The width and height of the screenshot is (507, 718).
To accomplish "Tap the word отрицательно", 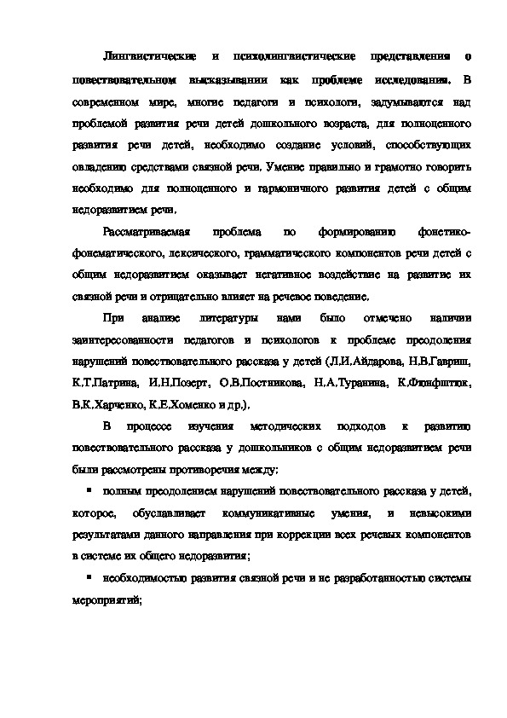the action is point(169,298).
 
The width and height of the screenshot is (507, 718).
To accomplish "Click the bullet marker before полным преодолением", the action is point(88,492).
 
